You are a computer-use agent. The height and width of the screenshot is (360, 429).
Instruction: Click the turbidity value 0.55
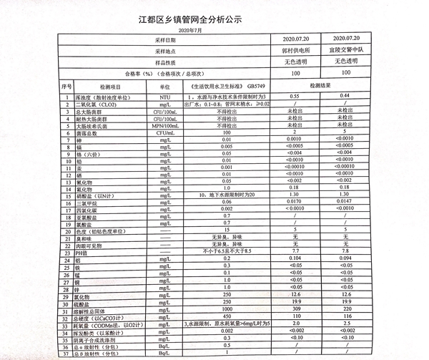coord(294,95)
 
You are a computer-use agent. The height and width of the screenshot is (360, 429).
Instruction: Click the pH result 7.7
coord(294,251)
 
